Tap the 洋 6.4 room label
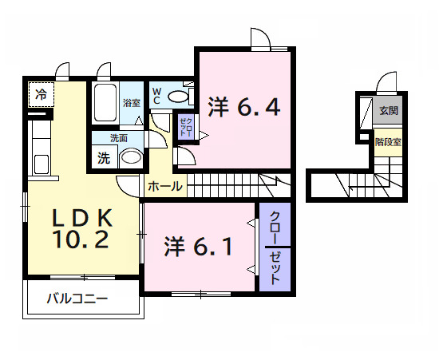point(244,107)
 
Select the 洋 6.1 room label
point(199,247)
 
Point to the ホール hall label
point(165,187)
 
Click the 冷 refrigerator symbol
point(39,94)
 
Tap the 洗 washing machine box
point(104,157)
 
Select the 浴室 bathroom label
point(132,103)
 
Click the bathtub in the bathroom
point(105,103)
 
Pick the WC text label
point(157,95)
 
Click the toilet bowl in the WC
point(180,97)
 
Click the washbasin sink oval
point(131,157)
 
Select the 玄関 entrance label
point(389,111)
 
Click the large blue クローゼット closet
point(274,248)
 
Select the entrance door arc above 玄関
point(386,83)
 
